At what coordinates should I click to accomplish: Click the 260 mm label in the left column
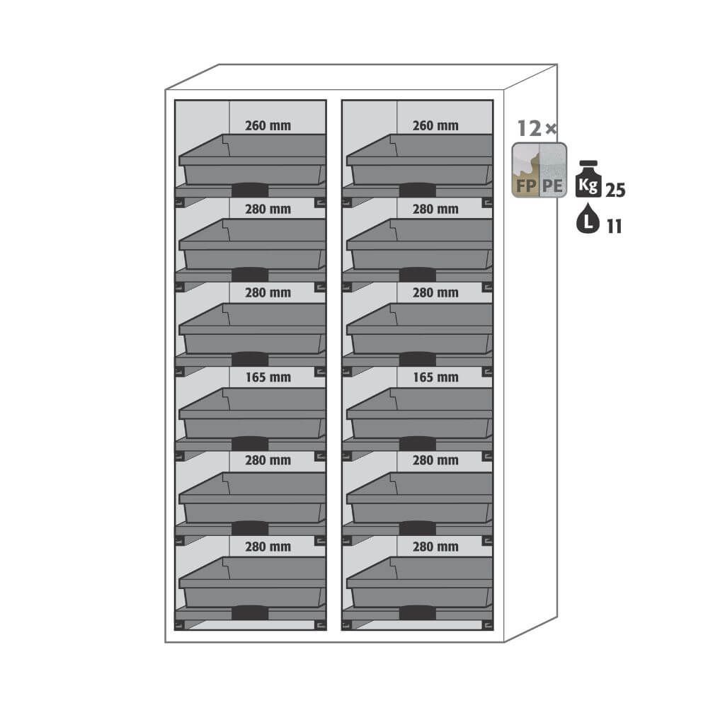[268, 125]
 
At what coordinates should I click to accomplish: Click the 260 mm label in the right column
[435, 125]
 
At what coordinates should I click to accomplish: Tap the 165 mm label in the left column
[268, 377]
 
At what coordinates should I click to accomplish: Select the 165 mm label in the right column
[435, 377]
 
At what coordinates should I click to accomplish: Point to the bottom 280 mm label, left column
[268, 547]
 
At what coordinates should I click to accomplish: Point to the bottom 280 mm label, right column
[435, 547]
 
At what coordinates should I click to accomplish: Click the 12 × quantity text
[537, 129]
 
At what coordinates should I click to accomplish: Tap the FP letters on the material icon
[526, 185]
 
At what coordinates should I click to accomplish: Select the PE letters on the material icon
[552, 185]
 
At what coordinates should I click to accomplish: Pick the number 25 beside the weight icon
[615, 190]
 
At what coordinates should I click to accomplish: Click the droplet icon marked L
[588, 219]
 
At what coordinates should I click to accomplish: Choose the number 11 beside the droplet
[614, 227]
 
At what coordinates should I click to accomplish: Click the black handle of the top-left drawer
[250, 190]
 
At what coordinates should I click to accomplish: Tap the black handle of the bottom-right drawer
[417, 612]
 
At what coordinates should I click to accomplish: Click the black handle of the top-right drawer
[417, 190]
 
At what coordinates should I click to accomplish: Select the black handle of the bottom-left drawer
[250, 612]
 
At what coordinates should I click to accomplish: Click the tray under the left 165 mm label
[253, 413]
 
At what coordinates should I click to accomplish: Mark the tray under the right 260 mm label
[420, 159]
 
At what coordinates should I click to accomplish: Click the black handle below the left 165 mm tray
[250, 443]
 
